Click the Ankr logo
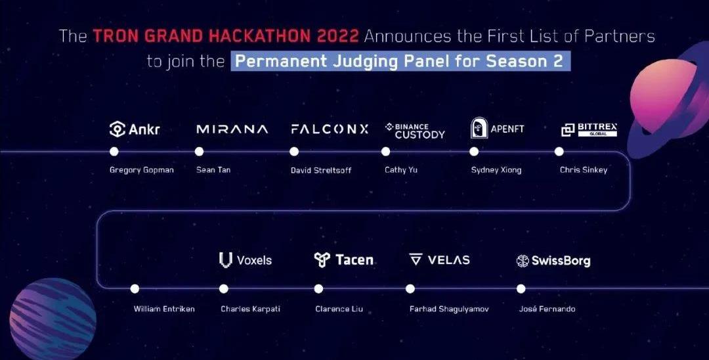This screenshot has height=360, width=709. [x=135, y=129]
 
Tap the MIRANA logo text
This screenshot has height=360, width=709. [x=232, y=129]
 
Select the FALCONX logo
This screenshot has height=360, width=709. [x=330, y=129]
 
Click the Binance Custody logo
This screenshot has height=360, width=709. [x=415, y=131]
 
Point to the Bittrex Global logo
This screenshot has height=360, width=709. [x=589, y=129]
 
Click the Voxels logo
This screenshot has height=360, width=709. [x=246, y=260]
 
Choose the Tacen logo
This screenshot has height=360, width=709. [x=344, y=259]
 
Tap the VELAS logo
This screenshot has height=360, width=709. [x=439, y=259]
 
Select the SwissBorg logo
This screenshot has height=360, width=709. [x=553, y=261]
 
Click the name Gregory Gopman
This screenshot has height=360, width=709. [x=142, y=171]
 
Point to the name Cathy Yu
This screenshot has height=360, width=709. [x=401, y=170]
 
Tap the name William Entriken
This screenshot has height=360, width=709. [x=164, y=309]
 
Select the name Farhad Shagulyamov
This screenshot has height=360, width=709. [x=449, y=309]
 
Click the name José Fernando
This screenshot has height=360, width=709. [x=547, y=309]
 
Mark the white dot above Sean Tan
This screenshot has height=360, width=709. [x=199, y=152]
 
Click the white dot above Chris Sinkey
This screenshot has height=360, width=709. [x=559, y=152]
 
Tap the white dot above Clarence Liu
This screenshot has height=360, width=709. [x=319, y=288]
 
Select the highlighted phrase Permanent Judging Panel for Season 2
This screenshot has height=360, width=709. [x=400, y=62]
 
